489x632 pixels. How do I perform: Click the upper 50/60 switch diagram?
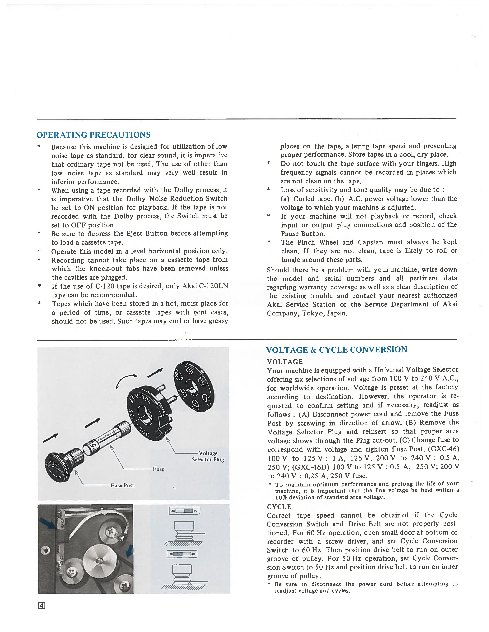(x=184, y=511)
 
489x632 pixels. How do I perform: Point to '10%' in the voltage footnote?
(x=281, y=497)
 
